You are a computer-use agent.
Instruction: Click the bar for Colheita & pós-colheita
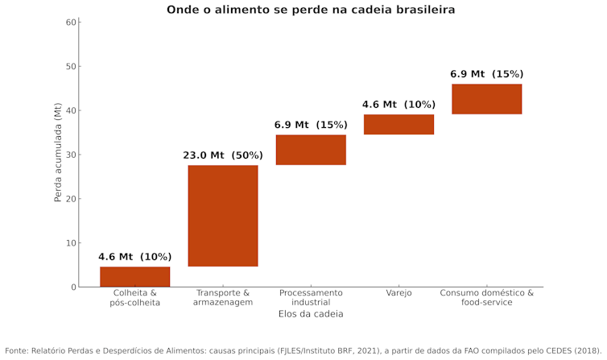134,276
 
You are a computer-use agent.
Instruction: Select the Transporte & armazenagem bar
223,215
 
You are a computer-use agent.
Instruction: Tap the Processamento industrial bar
311,150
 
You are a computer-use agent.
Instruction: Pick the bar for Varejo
398,124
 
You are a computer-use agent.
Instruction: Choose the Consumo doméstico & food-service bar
486,99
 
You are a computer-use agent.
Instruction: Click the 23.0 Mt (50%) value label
223,155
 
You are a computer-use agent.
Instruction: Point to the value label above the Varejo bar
398,105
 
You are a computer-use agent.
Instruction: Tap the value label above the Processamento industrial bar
311,125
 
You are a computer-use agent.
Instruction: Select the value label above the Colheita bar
134,257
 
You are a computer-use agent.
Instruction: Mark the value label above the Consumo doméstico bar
486,74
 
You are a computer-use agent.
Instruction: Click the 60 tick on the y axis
71,22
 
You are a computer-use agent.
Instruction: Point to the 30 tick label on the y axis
71,155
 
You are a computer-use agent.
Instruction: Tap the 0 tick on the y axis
73,287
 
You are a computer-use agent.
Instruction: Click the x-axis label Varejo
398,293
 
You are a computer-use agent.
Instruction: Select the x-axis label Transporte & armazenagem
223,297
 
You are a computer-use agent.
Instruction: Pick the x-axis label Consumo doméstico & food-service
486,297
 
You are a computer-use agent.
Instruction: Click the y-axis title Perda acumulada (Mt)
58,155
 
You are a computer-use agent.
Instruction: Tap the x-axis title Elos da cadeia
311,314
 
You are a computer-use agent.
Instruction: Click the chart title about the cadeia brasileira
311,10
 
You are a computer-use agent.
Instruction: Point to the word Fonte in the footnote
18,351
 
